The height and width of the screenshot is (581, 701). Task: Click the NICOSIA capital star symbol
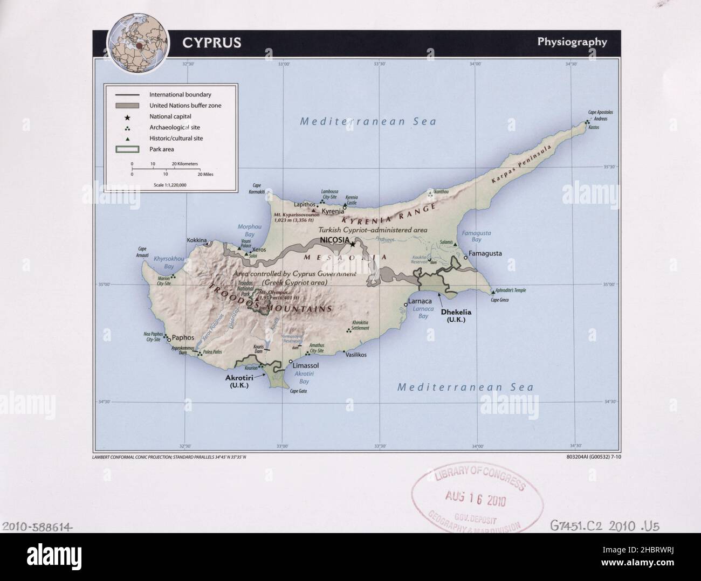point(353,244)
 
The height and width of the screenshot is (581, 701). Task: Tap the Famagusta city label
point(485,253)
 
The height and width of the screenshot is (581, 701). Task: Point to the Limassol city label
point(305,365)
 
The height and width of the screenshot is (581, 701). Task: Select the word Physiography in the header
point(572,42)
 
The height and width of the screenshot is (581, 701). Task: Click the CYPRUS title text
point(211,43)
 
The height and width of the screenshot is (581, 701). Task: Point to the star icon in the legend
point(127,116)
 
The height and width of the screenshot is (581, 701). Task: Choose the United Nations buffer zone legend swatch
point(127,106)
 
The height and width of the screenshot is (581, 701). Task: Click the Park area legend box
point(127,149)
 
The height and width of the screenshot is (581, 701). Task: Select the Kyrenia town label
point(333,211)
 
